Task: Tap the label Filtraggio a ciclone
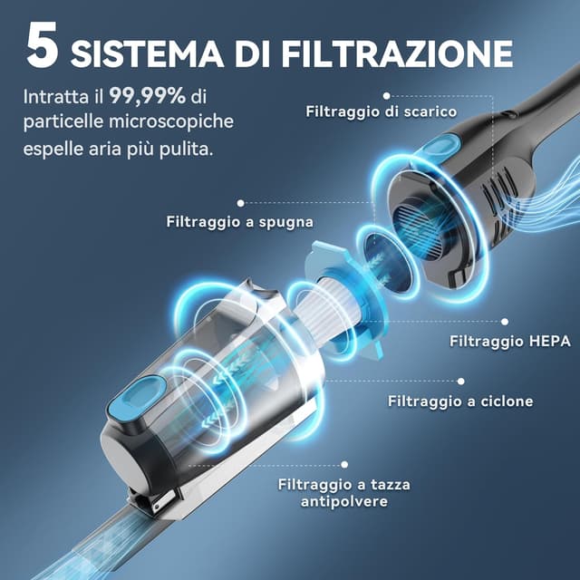[x=460, y=401]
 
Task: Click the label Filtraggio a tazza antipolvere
[x=344, y=492]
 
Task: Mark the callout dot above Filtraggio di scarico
[x=387, y=94]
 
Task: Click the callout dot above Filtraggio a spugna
[x=240, y=203]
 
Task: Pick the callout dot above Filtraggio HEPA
[x=505, y=322]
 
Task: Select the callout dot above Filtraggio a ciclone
[x=460, y=382]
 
